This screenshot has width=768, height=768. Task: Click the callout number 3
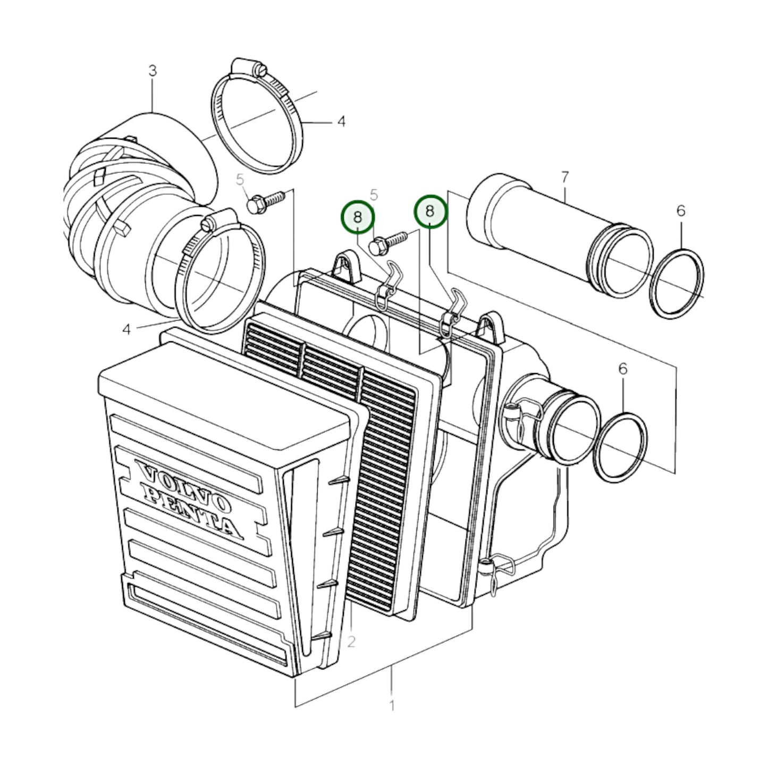pyautogui.click(x=153, y=71)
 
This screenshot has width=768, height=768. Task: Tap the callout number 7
pyautogui.click(x=565, y=178)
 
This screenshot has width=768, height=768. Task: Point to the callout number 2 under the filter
pyautogui.click(x=351, y=653)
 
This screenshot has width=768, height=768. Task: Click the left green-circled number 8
pyautogui.click(x=358, y=217)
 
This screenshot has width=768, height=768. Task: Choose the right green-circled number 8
pyautogui.click(x=430, y=211)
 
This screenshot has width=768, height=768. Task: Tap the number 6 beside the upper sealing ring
pyautogui.click(x=681, y=210)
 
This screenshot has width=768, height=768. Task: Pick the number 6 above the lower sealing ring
pyautogui.click(x=622, y=369)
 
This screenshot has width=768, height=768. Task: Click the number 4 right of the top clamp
pyautogui.click(x=342, y=121)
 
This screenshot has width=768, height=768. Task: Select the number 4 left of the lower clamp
pyautogui.click(x=126, y=329)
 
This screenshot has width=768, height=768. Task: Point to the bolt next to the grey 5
pyautogui.click(x=266, y=201)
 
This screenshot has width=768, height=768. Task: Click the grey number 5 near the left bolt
pyautogui.click(x=240, y=180)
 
